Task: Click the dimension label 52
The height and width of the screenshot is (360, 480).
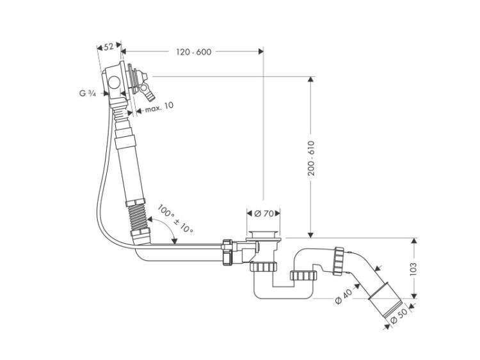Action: (x=108, y=47)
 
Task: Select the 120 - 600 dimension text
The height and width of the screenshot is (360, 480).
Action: (x=193, y=52)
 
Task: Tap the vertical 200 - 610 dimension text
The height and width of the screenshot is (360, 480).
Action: (x=311, y=158)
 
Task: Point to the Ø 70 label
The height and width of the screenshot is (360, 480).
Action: (x=264, y=214)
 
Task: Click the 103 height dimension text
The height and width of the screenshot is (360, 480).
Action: (x=413, y=269)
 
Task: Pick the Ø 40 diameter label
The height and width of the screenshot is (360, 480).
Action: (x=344, y=297)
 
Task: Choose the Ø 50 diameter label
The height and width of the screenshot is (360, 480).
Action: (x=399, y=316)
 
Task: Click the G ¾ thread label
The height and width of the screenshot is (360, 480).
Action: (x=88, y=93)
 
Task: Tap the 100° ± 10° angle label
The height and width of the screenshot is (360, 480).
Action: (x=175, y=219)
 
